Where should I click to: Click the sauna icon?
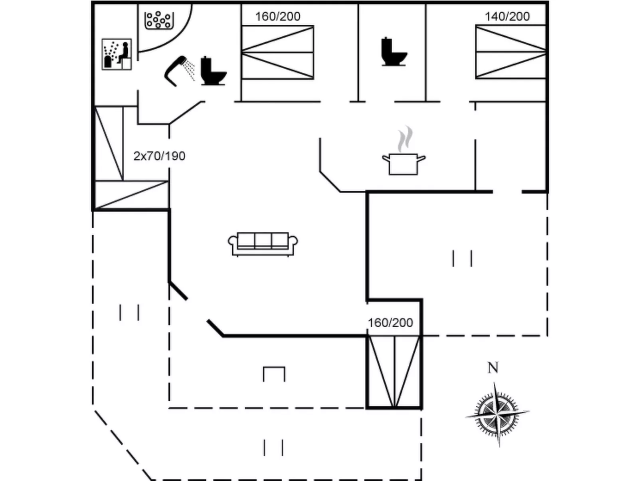[117, 54]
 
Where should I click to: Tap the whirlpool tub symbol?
[159, 20]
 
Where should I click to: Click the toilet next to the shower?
[213, 71]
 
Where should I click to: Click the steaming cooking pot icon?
[403, 164]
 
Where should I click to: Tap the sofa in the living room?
[263, 243]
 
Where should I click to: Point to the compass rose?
[497, 414]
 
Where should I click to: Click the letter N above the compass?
[493, 368]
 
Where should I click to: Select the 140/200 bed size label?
[507, 16]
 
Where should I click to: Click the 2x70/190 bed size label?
[159, 156]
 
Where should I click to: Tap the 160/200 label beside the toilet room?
[278, 16]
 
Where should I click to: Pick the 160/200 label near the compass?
[390, 323]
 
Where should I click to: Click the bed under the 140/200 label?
[510, 52]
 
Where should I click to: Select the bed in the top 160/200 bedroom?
[277, 52]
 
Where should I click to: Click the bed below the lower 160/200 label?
[394, 371]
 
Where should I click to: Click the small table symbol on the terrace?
[274, 374]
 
